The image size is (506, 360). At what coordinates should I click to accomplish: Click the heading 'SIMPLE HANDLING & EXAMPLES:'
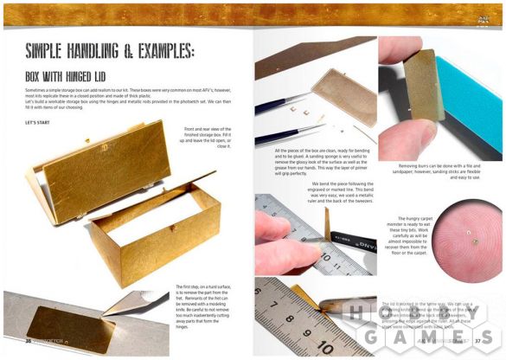tap(117, 49)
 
